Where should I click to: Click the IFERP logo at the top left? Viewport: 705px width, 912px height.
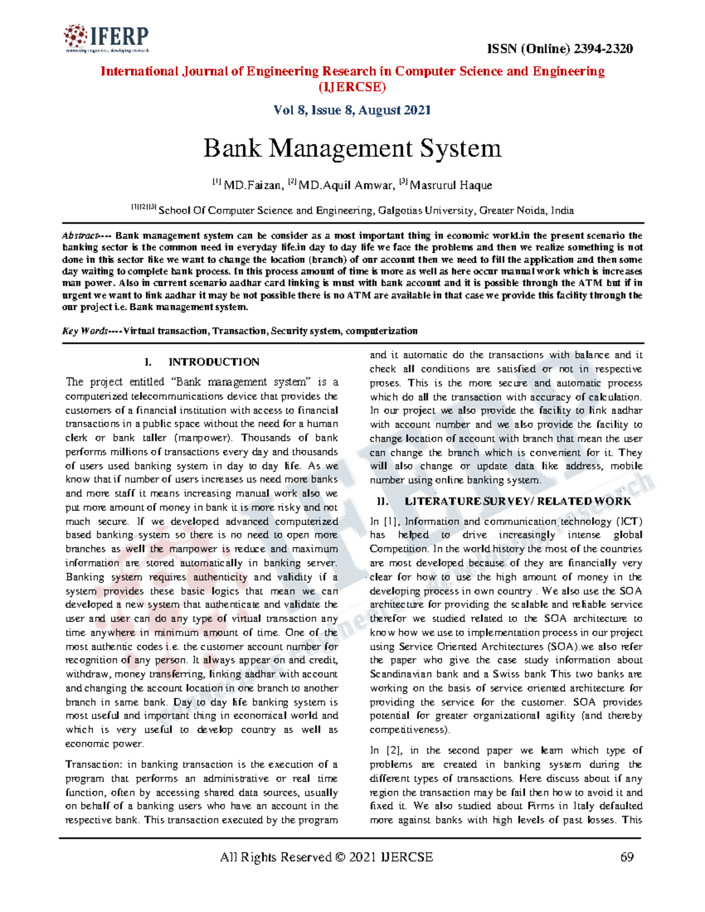(x=106, y=39)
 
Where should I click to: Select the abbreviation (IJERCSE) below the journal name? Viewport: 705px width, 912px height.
(x=352, y=87)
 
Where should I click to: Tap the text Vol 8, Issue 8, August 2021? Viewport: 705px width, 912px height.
(x=352, y=110)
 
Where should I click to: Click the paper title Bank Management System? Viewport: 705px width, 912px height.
(x=352, y=148)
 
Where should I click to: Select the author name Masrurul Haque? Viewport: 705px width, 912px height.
(x=451, y=186)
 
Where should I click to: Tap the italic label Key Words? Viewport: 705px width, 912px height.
(x=85, y=331)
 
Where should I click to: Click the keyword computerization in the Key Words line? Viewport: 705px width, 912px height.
(x=381, y=331)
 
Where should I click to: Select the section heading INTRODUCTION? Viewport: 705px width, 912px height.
(x=214, y=362)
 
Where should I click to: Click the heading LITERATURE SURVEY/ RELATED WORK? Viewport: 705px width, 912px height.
(x=518, y=501)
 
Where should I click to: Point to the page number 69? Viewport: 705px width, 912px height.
(x=627, y=857)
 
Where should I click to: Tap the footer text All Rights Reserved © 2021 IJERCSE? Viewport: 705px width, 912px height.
(x=326, y=857)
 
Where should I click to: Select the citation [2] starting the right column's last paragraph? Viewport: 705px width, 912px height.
(x=391, y=751)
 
